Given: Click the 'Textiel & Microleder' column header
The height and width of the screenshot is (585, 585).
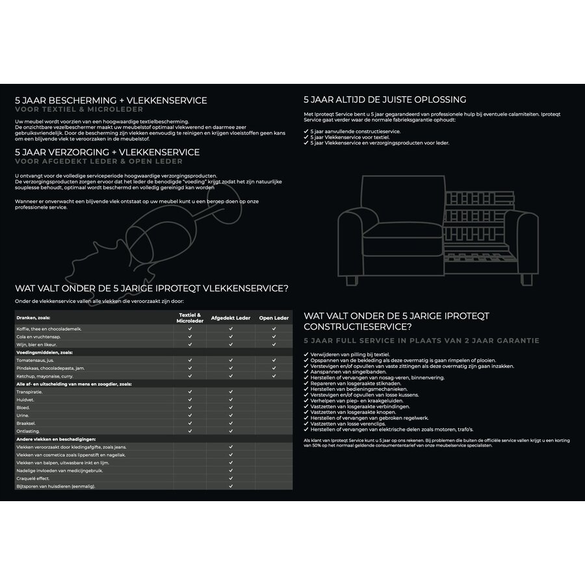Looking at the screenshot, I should pyautogui.click(x=190, y=318).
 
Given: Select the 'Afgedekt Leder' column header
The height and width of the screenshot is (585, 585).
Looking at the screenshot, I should pyautogui.click(x=231, y=318).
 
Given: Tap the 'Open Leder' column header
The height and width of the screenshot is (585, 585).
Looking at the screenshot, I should pyautogui.click(x=274, y=318).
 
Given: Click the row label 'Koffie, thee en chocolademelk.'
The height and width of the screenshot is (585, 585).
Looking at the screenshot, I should pyautogui.click(x=49, y=329).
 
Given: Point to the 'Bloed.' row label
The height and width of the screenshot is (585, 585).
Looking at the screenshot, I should pyautogui.click(x=23, y=407).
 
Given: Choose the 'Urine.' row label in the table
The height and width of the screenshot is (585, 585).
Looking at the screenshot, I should pyautogui.click(x=23, y=415).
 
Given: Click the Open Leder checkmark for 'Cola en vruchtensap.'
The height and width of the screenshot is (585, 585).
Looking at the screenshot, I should pyautogui.click(x=274, y=337).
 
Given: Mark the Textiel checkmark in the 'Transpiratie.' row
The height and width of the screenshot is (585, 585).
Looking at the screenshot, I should pyautogui.click(x=190, y=392).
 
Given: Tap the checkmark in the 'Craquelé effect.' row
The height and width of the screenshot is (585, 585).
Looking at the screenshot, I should pyautogui.click(x=231, y=478).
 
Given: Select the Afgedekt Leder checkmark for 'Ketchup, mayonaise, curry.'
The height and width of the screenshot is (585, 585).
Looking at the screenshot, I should pyautogui.click(x=231, y=376).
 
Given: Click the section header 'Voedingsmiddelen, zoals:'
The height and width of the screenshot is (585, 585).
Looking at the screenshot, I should pyautogui.click(x=44, y=352).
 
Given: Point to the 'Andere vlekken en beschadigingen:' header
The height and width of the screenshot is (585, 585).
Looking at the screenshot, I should pyautogui.click(x=56, y=439).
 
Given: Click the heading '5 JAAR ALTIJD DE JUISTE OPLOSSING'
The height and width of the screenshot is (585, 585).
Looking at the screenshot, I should pyautogui.click(x=385, y=100).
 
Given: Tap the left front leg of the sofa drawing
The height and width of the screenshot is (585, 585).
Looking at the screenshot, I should pyautogui.click(x=352, y=280).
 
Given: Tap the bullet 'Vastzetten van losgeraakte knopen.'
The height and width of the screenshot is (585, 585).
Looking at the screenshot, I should pyautogui.click(x=354, y=412).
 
